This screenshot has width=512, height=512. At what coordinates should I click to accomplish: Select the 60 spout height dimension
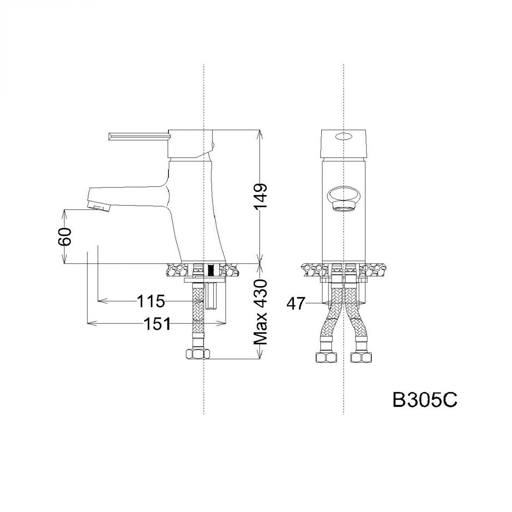click(x=65, y=236)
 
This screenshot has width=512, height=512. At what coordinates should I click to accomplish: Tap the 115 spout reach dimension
click(x=151, y=301)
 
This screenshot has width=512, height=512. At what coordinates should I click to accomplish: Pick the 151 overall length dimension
click(x=157, y=323)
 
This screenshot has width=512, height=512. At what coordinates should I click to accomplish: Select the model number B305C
click(x=425, y=407)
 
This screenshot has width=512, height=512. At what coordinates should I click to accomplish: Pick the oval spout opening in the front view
click(x=343, y=197)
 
